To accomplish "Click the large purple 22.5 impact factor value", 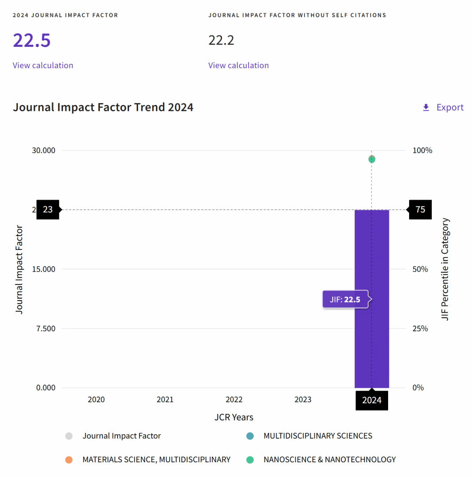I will coord(31,40).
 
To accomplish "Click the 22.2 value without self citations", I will coord(221,40).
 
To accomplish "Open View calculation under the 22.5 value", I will coord(43,66).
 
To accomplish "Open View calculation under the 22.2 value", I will coord(238,66).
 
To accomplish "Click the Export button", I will coord(443,107).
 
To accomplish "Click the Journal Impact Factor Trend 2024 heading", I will coord(103,107).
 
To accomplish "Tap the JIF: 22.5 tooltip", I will coord(345,300).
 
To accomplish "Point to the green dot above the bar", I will coord(371,159).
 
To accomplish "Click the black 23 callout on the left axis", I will coord(48,210).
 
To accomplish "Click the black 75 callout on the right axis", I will coord(420,210).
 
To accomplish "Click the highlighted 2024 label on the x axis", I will coord(371,400).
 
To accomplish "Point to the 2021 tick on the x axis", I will coord(165,399).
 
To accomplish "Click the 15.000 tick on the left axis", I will coord(44,269).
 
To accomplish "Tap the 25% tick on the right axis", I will coord(420,329).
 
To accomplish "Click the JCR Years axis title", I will coord(234,417).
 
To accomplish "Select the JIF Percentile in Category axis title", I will coord(445,269).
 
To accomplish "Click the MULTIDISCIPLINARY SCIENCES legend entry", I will coord(318,436).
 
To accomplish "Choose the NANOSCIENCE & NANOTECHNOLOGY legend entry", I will coord(330,460).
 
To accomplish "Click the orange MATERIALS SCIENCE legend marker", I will coord(69,460).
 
